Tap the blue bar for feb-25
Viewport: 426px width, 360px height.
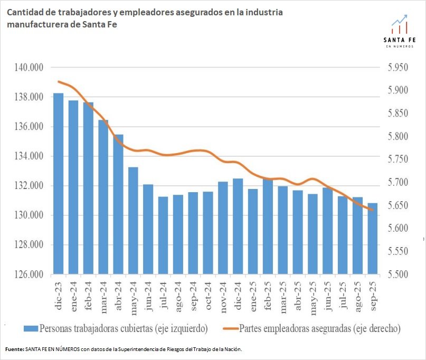tap(268, 227)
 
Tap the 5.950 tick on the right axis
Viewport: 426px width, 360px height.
tap(398, 68)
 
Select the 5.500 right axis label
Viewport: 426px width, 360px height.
tap(398, 274)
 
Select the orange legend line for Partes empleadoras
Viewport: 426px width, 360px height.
tap(228, 328)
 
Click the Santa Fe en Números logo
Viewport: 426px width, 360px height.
tap(399, 31)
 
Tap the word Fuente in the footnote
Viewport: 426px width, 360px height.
tap(14, 349)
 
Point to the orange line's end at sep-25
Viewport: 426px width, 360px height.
tap(373, 210)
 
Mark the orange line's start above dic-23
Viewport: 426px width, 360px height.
tap(58, 81)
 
